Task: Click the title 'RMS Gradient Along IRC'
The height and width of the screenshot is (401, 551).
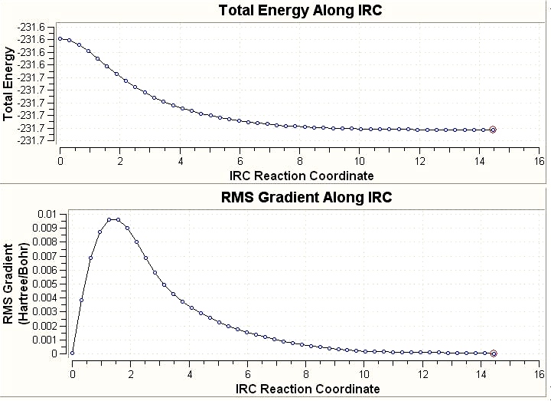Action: tap(305, 197)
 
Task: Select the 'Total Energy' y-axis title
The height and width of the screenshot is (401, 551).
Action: tap(8, 84)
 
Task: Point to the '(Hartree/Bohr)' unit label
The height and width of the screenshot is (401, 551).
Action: tap(23, 283)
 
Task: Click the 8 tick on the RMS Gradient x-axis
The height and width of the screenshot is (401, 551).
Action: tap(306, 376)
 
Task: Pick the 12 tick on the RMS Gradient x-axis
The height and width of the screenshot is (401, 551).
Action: tap(423, 376)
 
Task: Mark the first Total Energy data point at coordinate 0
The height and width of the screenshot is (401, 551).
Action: tap(60, 38)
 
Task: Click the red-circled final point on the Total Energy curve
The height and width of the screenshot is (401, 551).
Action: tap(493, 130)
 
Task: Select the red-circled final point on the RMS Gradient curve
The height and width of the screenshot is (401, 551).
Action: tap(494, 353)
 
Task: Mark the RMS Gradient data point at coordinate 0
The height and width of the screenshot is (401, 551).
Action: tap(72, 353)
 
